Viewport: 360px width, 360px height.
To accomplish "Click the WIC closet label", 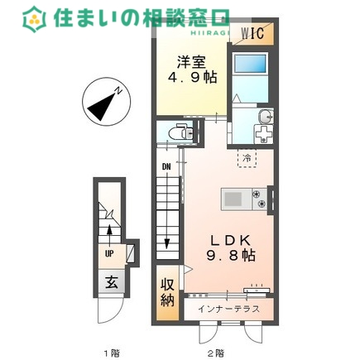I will (252, 34).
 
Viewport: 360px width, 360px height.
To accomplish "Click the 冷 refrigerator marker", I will (247, 156).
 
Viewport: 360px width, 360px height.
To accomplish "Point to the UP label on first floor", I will (108, 254).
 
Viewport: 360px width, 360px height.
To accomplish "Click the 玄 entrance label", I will (110, 281).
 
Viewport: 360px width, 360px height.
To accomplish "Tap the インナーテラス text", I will (229, 309).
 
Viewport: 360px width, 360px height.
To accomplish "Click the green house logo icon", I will (34, 17).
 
